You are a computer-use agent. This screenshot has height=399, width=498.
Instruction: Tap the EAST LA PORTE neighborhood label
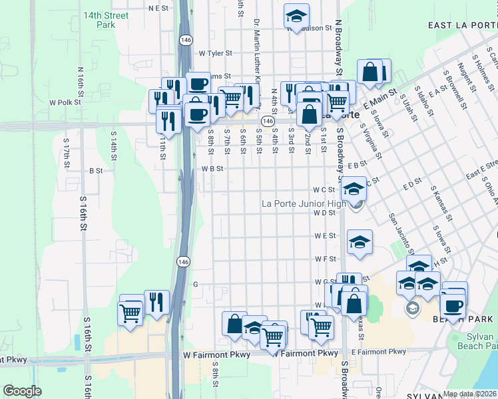click(x=462, y=25)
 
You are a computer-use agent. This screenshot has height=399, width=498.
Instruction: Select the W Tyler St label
click(x=214, y=53)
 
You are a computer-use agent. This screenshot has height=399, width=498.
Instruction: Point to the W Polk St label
click(x=65, y=102)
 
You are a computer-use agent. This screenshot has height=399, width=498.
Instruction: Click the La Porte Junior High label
click(x=304, y=203)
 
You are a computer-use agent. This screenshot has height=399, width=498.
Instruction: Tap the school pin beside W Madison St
click(x=296, y=15)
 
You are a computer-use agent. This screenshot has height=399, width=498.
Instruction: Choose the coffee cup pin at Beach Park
click(x=453, y=305)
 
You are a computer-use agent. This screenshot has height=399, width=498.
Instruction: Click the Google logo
click(x=22, y=391)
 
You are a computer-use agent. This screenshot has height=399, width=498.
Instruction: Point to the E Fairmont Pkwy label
click(x=378, y=352)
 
